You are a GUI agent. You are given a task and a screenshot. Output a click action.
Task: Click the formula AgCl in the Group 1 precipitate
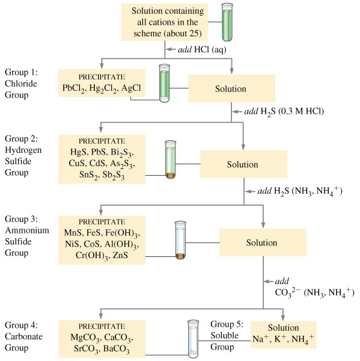tap(131, 88)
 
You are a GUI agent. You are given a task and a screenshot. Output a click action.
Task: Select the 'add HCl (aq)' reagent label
tap(202, 50)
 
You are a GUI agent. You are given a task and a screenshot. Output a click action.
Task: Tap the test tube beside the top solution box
tap(227, 22)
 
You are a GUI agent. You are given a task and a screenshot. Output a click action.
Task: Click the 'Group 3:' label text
tap(21, 219)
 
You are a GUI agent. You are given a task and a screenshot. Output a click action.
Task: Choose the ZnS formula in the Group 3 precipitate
tap(120, 255)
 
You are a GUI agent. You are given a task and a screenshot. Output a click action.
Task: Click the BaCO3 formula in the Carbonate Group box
tap(117, 349)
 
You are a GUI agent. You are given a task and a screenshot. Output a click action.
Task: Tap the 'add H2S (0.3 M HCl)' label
tap(284, 112)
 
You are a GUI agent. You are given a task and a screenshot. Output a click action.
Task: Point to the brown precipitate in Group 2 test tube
tap(171, 176)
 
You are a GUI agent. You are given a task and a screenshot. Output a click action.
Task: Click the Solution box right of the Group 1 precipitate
tap(231, 88)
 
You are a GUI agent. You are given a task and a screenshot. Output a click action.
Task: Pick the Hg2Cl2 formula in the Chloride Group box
tap(103, 88)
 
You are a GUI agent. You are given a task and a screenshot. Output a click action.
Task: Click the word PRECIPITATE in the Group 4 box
tap(102, 327)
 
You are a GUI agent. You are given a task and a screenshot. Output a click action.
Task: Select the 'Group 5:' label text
tap(227, 324)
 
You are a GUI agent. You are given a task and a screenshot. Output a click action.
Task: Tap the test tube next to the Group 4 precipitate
tap(193, 339)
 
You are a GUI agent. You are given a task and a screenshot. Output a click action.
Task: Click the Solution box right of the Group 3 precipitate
tap(263, 242)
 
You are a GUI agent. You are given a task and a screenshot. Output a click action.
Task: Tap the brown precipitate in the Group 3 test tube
tap(180, 256)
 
